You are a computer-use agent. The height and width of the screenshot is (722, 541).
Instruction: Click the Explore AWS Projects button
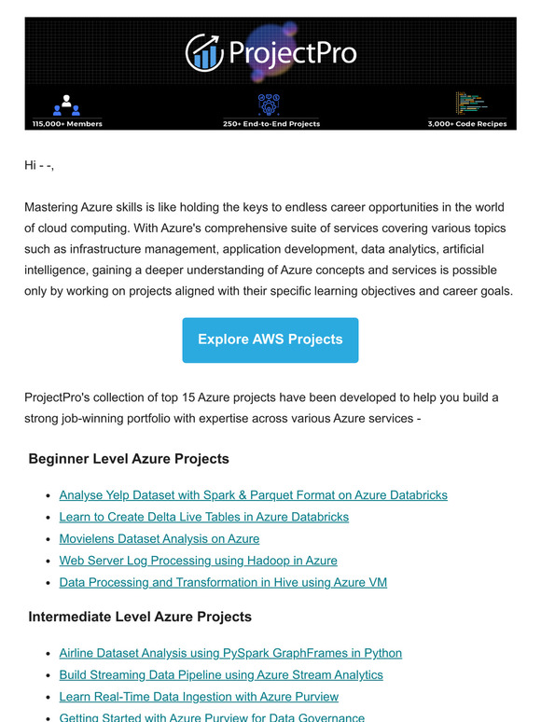(x=270, y=340)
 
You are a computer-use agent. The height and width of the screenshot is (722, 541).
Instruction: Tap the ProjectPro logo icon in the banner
(x=203, y=52)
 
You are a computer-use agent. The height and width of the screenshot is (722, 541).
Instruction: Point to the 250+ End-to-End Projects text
(x=270, y=123)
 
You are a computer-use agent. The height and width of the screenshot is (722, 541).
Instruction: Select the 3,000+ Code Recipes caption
(x=466, y=123)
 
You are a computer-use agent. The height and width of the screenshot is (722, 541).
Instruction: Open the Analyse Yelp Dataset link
(x=253, y=494)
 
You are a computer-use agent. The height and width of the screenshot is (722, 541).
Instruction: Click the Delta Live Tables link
(x=203, y=516)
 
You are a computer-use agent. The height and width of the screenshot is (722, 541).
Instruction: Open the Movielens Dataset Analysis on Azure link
(x=159, y=538)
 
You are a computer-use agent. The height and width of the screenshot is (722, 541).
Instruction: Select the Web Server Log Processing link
(x=198, y=561)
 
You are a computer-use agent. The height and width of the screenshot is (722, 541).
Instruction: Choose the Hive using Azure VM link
(x=223, y=582)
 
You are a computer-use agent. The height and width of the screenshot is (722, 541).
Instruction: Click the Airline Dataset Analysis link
(x=230, y=653)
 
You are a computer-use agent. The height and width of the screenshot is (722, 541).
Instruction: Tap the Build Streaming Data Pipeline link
(x=221, y=674)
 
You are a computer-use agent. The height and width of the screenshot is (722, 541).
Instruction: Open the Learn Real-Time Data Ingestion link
(x=199, y=697)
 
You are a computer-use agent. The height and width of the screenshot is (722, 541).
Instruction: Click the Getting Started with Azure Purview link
(x=212, y=717)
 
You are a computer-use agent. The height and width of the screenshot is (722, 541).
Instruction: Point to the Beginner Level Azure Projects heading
(x=129, y=459)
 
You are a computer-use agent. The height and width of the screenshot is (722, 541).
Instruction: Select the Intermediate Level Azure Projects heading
(x=140, y=617)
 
